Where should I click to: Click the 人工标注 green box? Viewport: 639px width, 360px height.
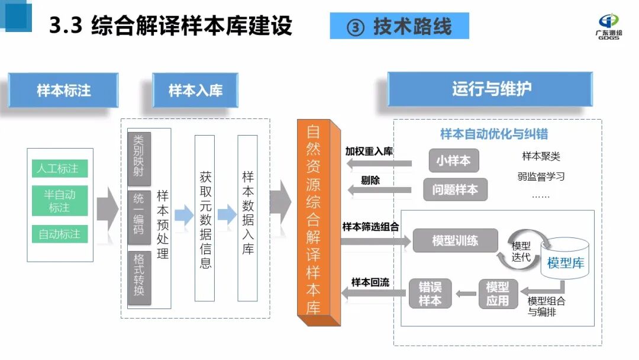tap(60, 169)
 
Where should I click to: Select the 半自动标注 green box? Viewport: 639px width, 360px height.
tap(60, 201)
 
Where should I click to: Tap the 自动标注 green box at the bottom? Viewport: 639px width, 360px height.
tap(60, 234)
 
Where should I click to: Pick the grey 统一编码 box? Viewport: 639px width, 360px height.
tap(139, 217)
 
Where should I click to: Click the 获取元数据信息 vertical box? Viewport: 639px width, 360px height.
tap(205, 218)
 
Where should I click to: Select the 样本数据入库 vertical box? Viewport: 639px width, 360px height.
tap(247, 218)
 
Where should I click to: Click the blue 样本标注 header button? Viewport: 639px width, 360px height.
tap(63, 91)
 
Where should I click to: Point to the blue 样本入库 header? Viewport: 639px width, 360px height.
tap(195, 91)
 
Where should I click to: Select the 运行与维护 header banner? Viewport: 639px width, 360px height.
tap(490, 89)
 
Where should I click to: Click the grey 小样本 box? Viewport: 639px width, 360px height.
tap(454, 160)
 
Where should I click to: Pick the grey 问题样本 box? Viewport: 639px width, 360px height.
tap(455, 189)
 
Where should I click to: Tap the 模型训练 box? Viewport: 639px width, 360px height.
tap(455, 240)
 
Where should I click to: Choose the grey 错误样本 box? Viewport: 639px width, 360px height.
tap(430, 293)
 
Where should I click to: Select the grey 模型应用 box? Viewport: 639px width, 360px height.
tap(498, 293)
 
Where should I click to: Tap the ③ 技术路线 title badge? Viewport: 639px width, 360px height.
tap(399, 26)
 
